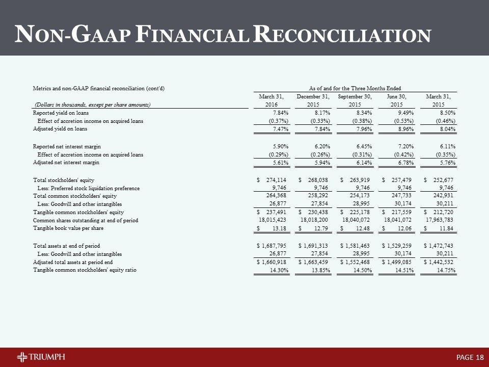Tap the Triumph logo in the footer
41,356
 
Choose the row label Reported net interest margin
63,146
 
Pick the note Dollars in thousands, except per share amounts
92,104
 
